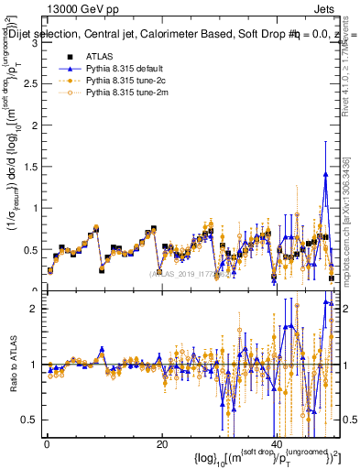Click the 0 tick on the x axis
(47, 443)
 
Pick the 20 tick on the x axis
(161, 443)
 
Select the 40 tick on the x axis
(277, 443)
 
